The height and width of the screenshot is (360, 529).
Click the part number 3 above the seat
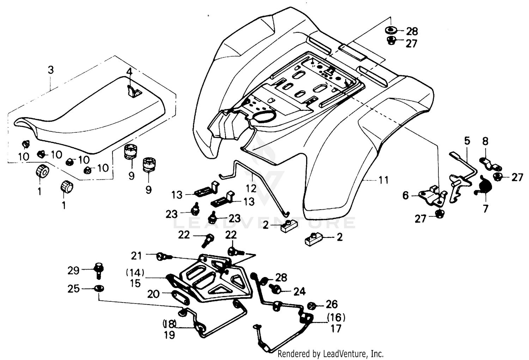click(51, 70)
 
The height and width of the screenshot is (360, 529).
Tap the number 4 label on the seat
click(129, 72)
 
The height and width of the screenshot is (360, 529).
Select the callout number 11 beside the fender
click(383, 180)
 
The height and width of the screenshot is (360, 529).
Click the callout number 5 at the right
click(467, 141)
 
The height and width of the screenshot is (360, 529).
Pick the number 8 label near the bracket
click(485, 142)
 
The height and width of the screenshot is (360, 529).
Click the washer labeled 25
click(99, 288)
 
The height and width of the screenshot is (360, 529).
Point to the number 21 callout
click(136, 255)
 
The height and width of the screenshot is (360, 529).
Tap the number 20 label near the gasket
click(153, 294)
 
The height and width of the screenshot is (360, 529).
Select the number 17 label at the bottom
click(336, 329)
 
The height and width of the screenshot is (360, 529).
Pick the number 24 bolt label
click(299, 291)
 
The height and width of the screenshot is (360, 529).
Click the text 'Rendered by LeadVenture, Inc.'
click(330, 353)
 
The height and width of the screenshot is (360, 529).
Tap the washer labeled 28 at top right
click(391, 30)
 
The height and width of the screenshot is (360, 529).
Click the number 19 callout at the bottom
click(169, 335)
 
